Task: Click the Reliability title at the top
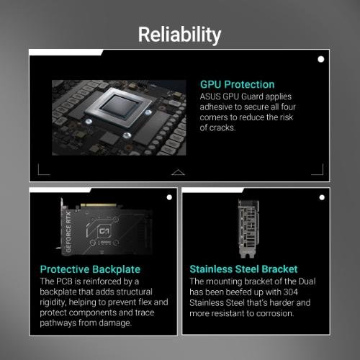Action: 179,34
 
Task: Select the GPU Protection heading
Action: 237,84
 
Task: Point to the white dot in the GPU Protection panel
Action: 320,60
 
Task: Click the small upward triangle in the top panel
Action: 179,171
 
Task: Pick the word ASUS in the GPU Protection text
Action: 211,96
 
